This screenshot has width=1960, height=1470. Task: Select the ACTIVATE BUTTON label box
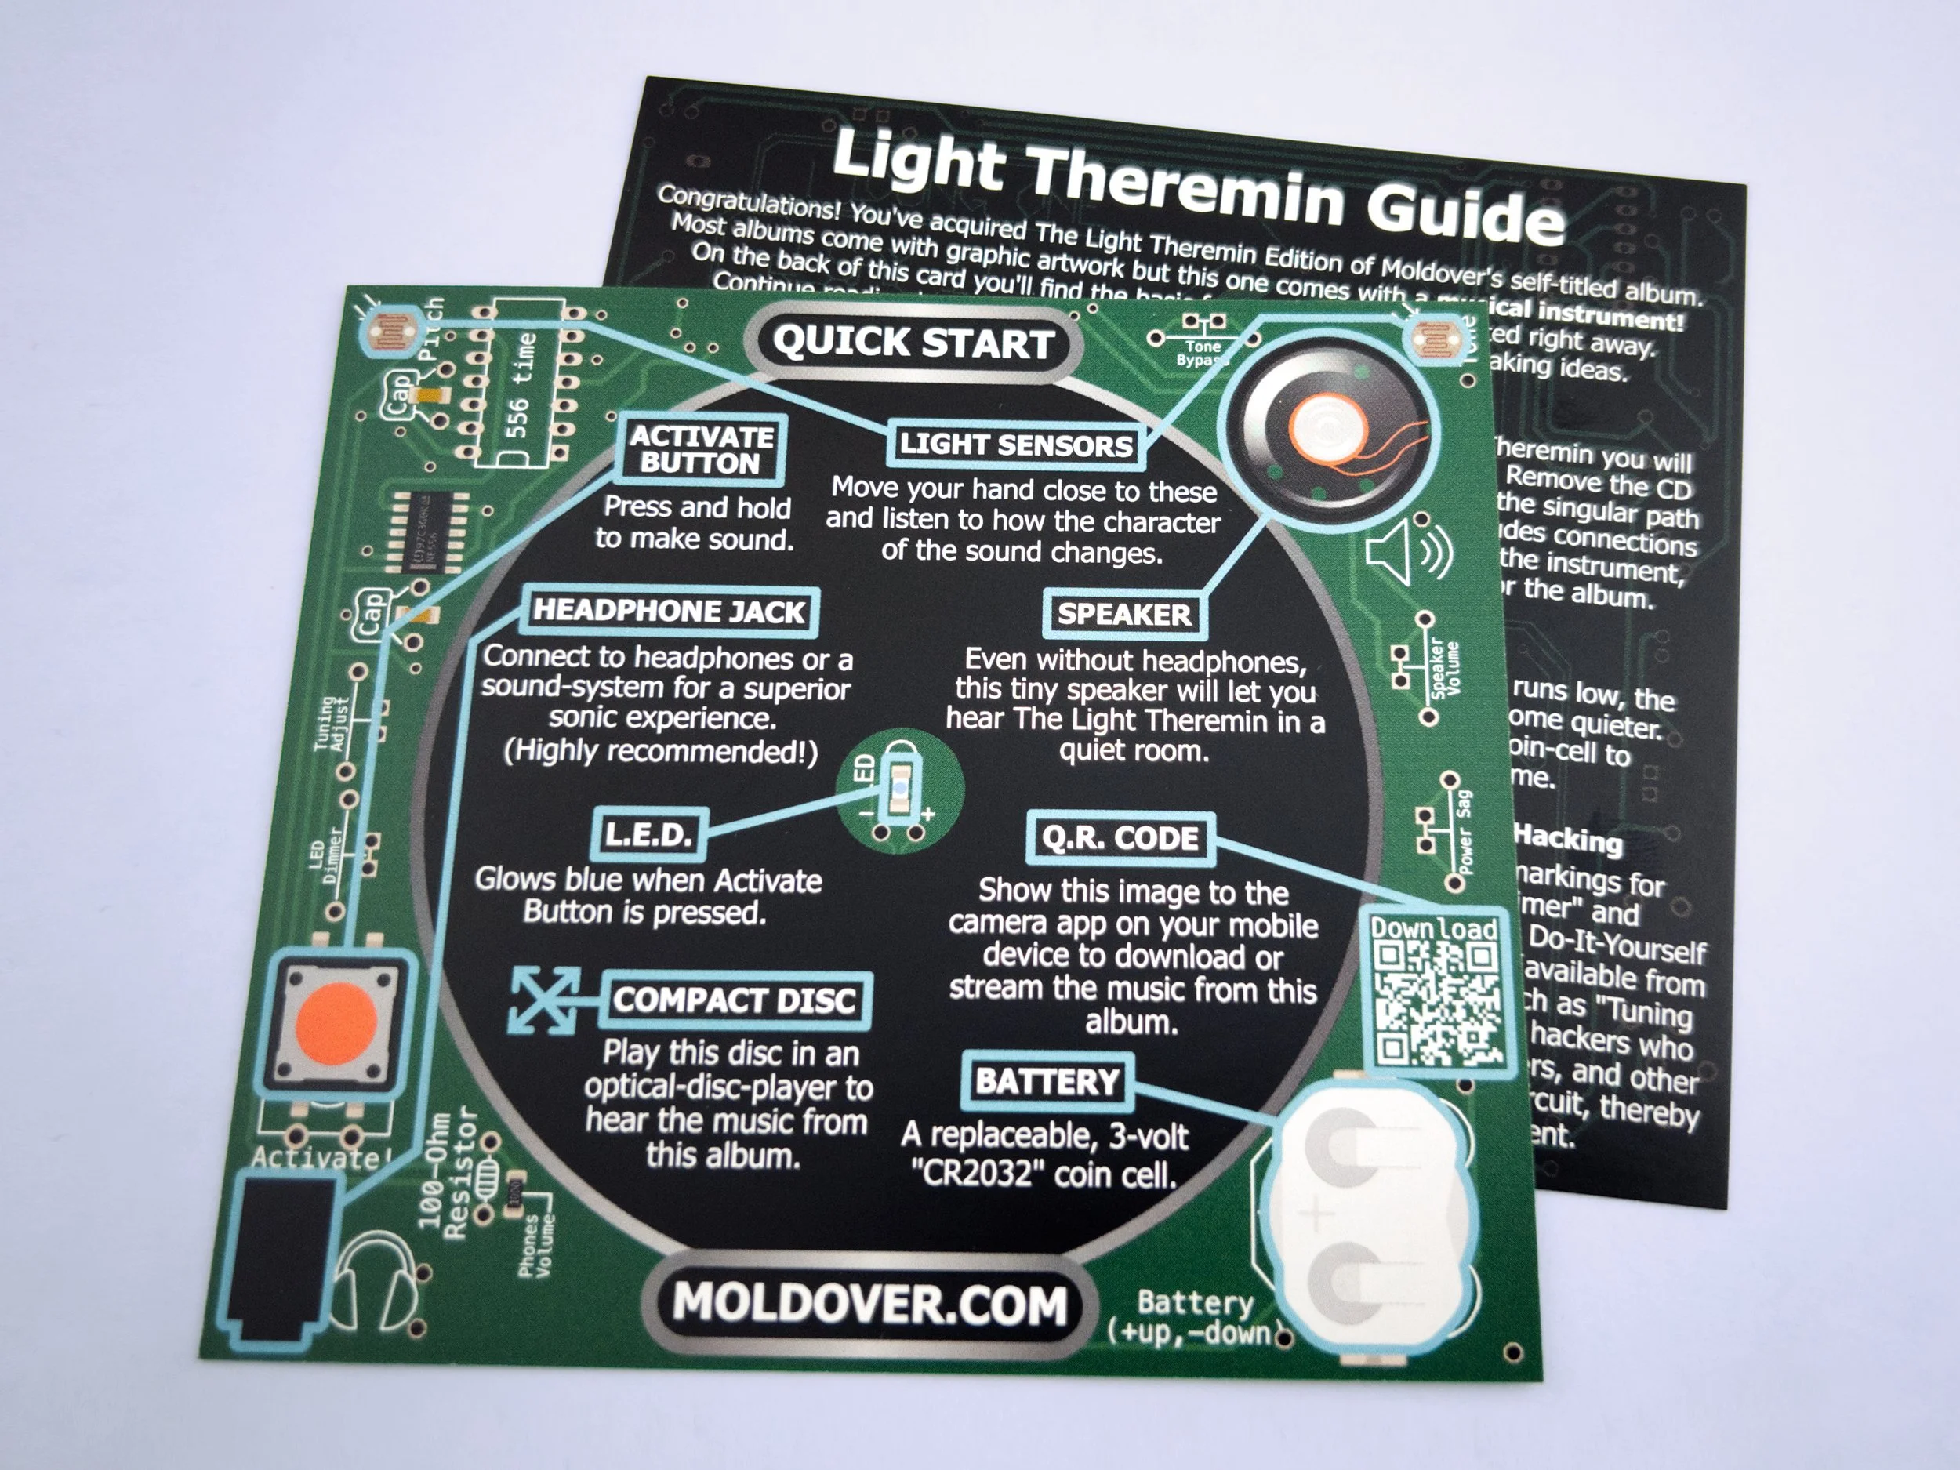click(700, 449)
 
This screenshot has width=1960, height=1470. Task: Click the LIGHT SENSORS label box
click(1015, 445)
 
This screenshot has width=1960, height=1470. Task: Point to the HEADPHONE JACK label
click(669, 612)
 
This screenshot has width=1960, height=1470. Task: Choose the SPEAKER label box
click(1123, 615)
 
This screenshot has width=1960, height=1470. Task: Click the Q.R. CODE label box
click(1120, 838)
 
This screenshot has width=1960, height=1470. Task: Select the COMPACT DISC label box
click(735, 1000)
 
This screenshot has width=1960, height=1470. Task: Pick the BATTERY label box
click(1047, 1082)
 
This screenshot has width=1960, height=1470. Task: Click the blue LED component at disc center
click(898, 786)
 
